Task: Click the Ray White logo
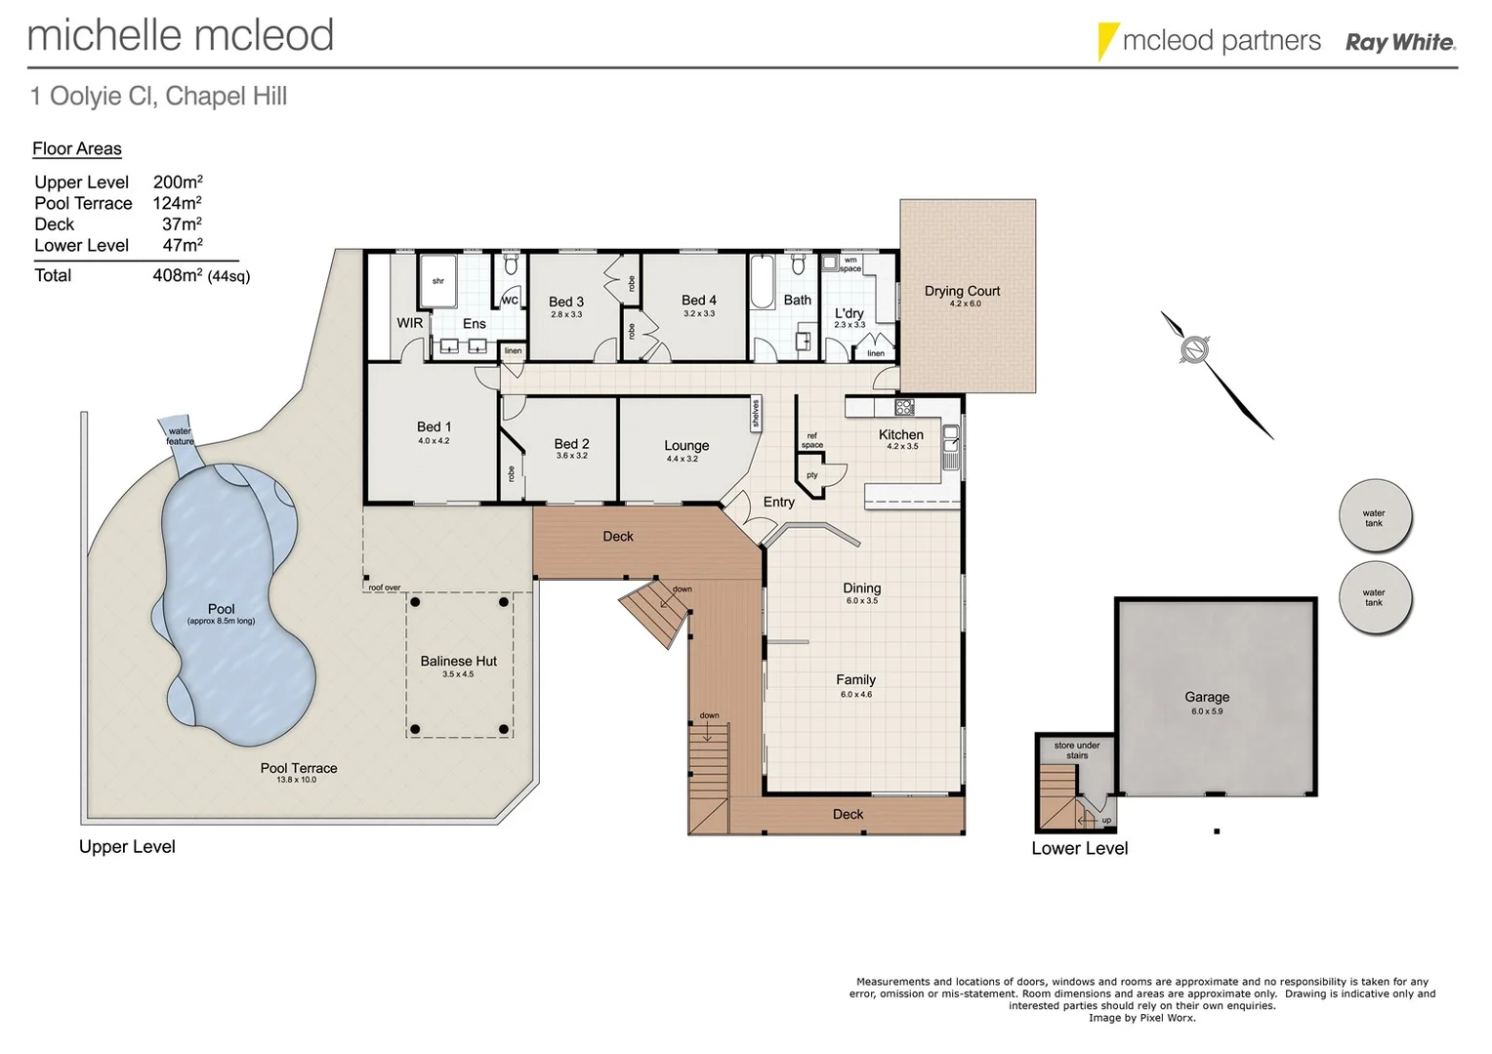(x=1400, y=42)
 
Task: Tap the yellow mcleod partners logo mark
(x=1107, y=41)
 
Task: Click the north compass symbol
(x=1194, y=349)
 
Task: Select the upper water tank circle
(x=1374, y=517)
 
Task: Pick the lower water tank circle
(x=1374, y=597)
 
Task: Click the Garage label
(x=1207, y=697)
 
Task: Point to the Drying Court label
(x=962, y=291)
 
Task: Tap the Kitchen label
(x=900, y=434)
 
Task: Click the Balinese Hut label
(x=458, y=661)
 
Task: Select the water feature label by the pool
(x=180, y=436)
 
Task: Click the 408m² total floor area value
(x=177, y=275)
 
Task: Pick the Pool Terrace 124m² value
(x=177, y=203)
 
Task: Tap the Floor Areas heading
(x=77, y=148)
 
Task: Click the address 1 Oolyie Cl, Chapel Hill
(x=158, y=96)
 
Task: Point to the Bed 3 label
(x=566, y=302)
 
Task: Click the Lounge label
(x=686, y=445)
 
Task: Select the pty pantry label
(x=811, y=475)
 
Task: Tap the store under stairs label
(x=1077, y=750)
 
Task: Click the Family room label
(x=855, y=679)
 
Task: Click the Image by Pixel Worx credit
(x=1141, y=1018)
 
